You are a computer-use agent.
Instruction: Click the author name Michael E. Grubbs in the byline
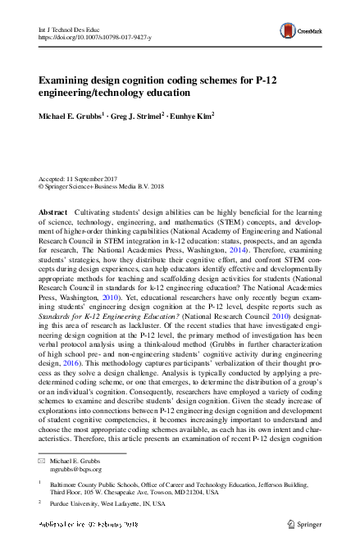coord(69,116)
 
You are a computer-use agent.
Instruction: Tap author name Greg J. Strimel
coord(140,116)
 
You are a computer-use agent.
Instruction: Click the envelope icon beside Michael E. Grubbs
coord(43,462)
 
